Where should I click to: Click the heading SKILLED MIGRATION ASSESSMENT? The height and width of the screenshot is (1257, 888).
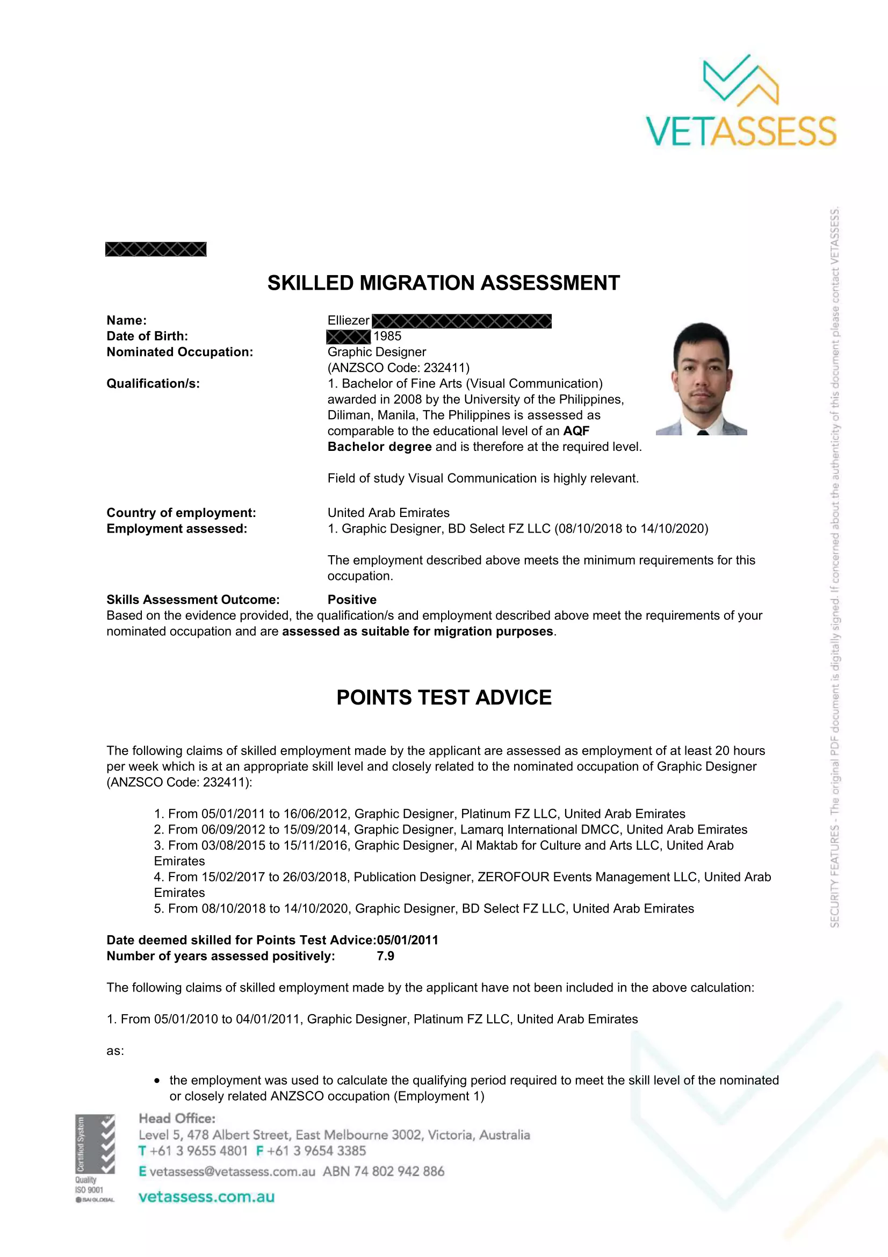(x=443, y=283)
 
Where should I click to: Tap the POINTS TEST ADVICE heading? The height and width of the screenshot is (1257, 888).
(x=444, y=698)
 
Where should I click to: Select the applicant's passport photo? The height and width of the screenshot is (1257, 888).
(x=702, y=379)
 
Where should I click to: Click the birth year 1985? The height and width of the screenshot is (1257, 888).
(x=387, y=336)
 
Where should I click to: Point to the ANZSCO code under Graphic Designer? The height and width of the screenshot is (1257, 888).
(x=398, y=368)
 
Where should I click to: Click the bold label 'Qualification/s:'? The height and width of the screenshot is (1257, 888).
(x=153, y=384)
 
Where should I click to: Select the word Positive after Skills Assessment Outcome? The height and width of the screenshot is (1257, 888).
(x=352, y=600)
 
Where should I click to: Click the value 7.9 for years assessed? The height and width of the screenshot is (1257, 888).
(x=385, y=956)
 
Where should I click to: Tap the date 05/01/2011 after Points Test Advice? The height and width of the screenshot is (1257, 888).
(x=408, y=940)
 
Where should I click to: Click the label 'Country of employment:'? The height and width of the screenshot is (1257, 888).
(x=181, y=513)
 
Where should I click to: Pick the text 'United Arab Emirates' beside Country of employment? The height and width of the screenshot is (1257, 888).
(x=388, y=513)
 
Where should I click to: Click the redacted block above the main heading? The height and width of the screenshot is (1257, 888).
(x=156, y=250)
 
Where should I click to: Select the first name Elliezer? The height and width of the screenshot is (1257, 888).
(x=349, y=321)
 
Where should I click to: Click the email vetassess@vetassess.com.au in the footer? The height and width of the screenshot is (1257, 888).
(x=233, y=1172)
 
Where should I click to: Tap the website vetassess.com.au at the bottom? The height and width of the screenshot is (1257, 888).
(x=206, y=1197)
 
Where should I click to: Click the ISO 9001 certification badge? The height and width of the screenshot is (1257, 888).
(x=95, y=1158)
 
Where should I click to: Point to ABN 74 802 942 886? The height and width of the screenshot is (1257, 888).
(x=384, y=1172)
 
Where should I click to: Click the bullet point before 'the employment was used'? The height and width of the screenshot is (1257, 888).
(x=157, y=1081)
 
